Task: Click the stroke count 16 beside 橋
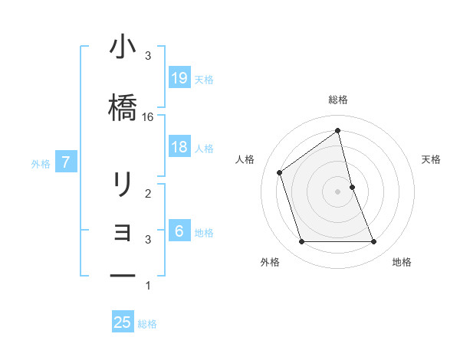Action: click(148, 117)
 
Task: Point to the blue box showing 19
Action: click(179, 78)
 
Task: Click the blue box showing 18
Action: click(179, 148)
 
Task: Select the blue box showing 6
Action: click(179, 232)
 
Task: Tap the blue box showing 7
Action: click(67, 162)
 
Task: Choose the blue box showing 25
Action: click(123, 322)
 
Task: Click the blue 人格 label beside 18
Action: click(204, 149)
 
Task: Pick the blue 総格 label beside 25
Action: click(147, 324)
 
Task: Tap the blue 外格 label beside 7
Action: click(41, 163)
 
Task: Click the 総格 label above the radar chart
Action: click(338, 100)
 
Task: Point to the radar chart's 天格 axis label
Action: click(432, 159)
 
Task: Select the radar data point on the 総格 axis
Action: click(337, 131)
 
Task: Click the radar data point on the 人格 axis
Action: click(280, 172)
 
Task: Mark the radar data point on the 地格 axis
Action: click(373, 242)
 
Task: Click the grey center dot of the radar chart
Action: click(337, 191)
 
